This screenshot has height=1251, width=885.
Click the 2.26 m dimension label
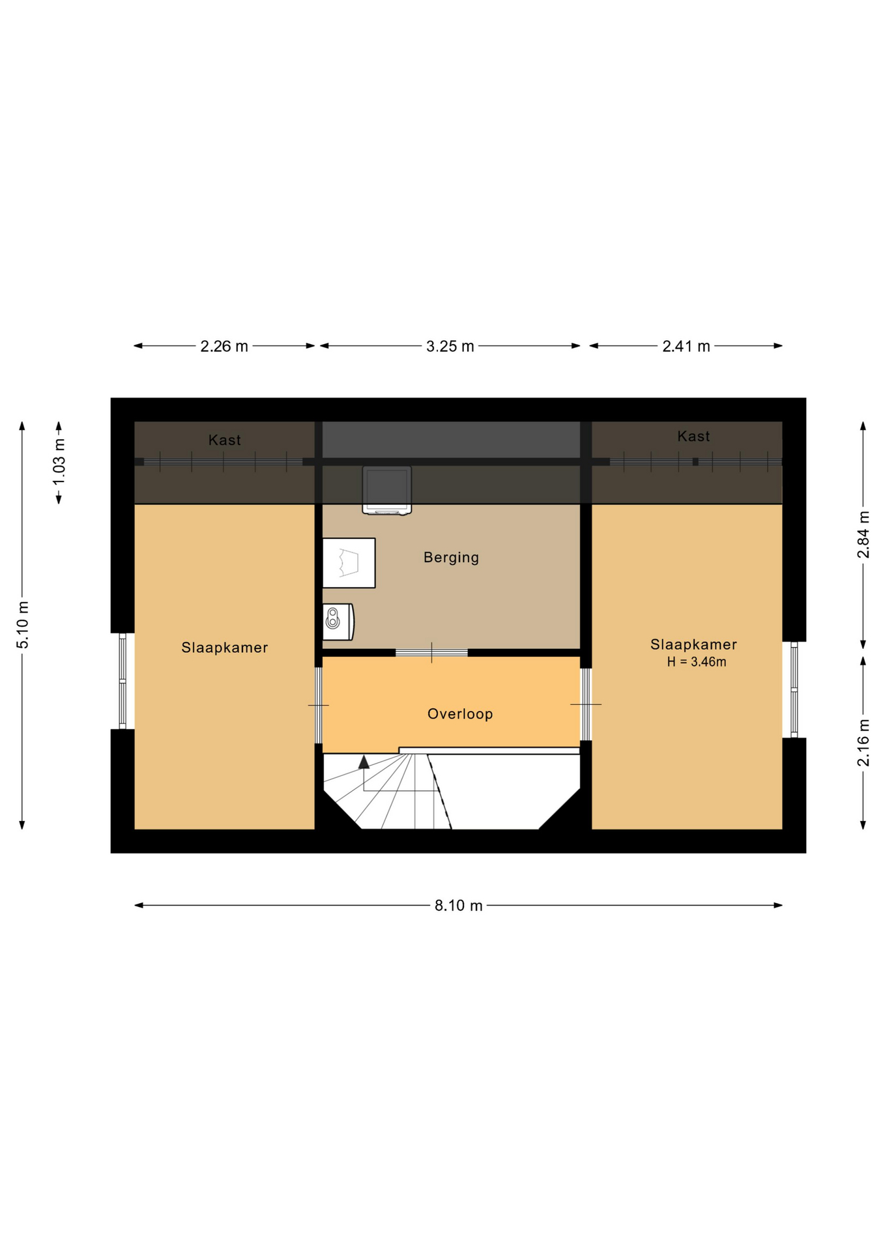(224, 347)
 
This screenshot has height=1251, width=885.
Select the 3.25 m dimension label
(450, 347)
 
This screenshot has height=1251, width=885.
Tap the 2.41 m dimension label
(686, 347)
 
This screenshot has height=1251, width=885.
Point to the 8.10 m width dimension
(459, 906)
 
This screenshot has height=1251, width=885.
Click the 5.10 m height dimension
(23, 625)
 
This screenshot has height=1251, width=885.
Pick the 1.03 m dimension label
(59, 461)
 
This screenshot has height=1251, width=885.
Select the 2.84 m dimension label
(863, 534)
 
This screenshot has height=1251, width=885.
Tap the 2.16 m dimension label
(863, 743)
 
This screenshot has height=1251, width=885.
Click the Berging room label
(451, 558)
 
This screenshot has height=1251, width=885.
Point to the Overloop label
(460, 714)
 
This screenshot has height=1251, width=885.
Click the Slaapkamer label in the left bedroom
(225, 648)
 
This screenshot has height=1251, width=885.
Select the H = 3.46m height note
(697, 662)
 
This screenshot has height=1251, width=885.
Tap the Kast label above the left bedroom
(225, 440)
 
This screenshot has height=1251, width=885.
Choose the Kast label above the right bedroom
(693, 437)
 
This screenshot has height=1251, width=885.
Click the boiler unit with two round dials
(339, 622)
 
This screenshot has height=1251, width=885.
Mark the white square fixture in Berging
(349, 563)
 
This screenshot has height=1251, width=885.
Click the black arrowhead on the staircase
(364, 762)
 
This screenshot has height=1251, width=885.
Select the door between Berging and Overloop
(431, 652)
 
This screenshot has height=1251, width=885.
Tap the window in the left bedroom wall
(123, 681)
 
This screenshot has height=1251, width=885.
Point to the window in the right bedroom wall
(794, 689)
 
